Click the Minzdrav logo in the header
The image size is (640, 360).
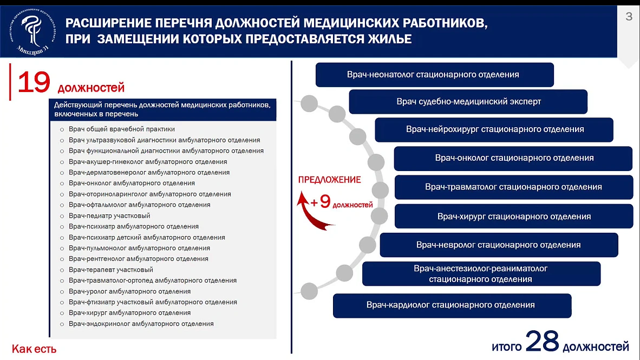click(x=32, y=32)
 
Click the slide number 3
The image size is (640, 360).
click(x=629, y=16)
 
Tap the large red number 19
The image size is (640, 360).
click(x=34, y=82)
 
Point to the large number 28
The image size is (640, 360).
click(x=542, y=341)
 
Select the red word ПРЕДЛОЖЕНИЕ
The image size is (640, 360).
click(x=329, y=180)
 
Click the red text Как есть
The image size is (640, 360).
click(x=34, y=349)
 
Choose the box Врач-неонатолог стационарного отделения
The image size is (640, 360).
click(x=435, y=75)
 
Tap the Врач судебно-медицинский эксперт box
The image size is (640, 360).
click(x=468, y=102)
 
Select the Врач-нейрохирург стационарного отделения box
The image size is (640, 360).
click(x=494, y=130)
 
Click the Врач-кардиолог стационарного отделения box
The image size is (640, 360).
click(x=452, y=306)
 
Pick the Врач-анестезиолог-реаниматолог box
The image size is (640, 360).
click(x=481, y=274)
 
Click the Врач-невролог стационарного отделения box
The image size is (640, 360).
click(x=499, y=245)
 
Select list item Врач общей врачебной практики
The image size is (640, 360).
click(x=122, y=129)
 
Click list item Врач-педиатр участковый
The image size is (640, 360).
click(x=109, y=216)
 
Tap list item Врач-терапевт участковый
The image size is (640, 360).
click(x=111, y=270)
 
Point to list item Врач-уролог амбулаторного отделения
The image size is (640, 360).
click(x=130, y=291)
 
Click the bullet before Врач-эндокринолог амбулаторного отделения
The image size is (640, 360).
click(x=62, y=324)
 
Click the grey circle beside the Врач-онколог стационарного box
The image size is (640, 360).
click(x=376, y=162)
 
